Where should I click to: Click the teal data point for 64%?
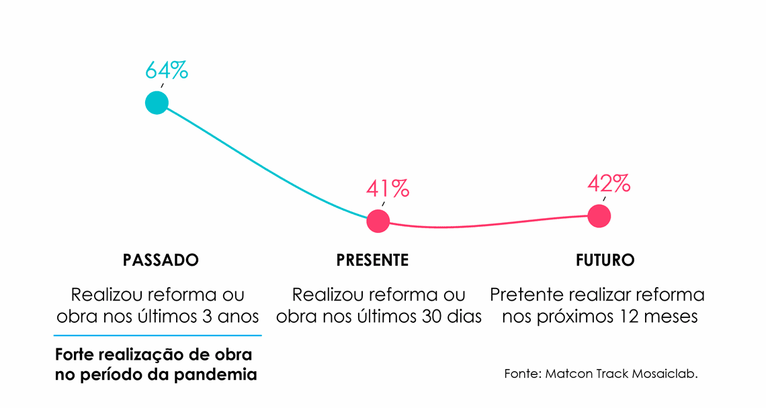pos(157,103)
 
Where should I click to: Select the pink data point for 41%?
pos(378,221)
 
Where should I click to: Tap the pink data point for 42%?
pos(599,216)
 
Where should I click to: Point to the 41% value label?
pos(388,189)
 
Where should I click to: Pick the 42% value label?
pos(609,183)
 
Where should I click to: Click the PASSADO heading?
pos(161,260)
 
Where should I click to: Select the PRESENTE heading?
pos(372,260)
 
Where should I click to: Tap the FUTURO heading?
pos(605,260)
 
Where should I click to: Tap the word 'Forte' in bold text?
pos(75,354)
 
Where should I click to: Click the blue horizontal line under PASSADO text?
pos(157,335)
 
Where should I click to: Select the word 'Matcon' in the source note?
pos(568,374)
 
